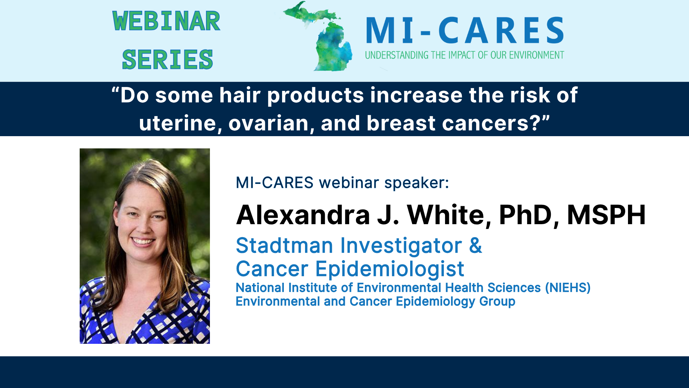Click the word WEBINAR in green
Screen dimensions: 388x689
(x=166, y=21)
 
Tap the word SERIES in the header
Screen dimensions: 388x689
(x=167, y=60)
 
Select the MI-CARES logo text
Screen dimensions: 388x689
(x=465, y=31)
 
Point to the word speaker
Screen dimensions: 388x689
(x=416, y=183)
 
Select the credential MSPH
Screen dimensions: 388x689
(x=606, y=215)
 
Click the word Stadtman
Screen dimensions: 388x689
(x=284, y=246)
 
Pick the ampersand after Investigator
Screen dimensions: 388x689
(x=475, y=246)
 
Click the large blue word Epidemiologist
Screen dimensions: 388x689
(x=390, y=269)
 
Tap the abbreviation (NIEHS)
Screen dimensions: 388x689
(x=568, y=288)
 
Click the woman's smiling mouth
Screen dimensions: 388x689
(x=142, y=240)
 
